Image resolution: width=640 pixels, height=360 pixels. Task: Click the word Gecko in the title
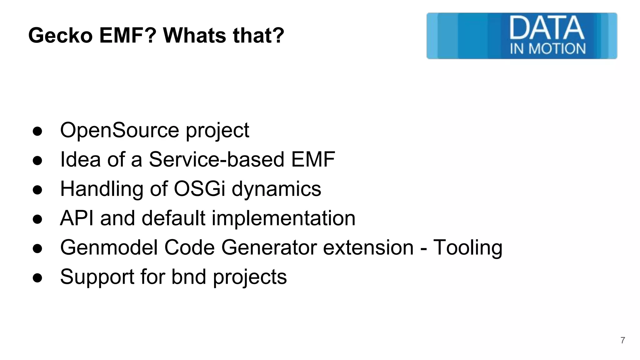60,35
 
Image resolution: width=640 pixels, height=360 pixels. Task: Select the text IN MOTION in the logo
547,49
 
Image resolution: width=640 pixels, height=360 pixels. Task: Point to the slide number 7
622,340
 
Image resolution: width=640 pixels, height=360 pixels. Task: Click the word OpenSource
119,130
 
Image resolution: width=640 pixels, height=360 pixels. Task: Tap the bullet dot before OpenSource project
37,131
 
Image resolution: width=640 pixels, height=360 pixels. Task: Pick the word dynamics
276,189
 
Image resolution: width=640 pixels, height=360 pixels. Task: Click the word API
77,218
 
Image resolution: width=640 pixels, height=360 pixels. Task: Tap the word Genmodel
109,247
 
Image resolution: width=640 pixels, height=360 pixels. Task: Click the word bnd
189,277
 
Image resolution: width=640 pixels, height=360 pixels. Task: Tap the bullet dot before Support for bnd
37,278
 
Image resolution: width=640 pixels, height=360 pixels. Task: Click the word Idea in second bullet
80,159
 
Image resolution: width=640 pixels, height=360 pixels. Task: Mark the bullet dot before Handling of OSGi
37,190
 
